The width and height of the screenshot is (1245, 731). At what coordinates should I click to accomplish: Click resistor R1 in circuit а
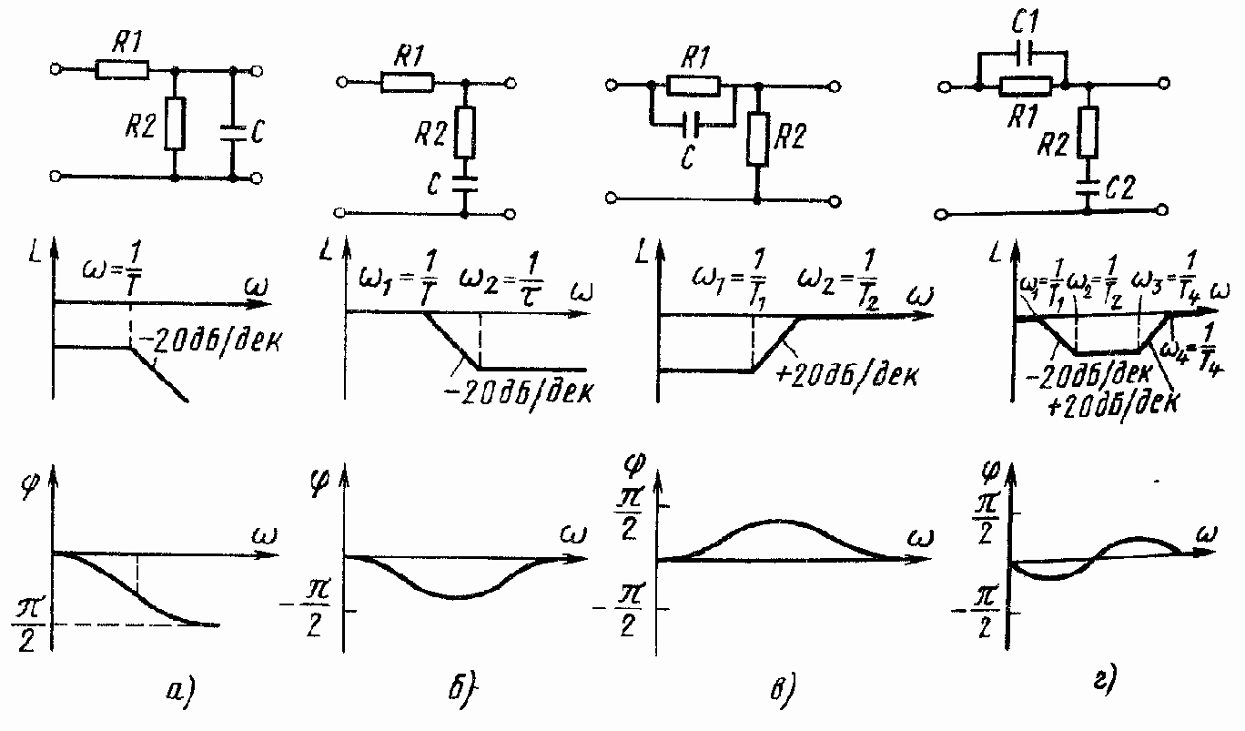[122, 69]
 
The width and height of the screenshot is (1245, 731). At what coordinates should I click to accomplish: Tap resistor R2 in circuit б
[465, 130]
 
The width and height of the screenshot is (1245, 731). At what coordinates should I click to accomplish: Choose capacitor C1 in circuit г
[1022, 54]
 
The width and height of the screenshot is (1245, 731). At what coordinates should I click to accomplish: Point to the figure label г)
[1100, 677]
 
